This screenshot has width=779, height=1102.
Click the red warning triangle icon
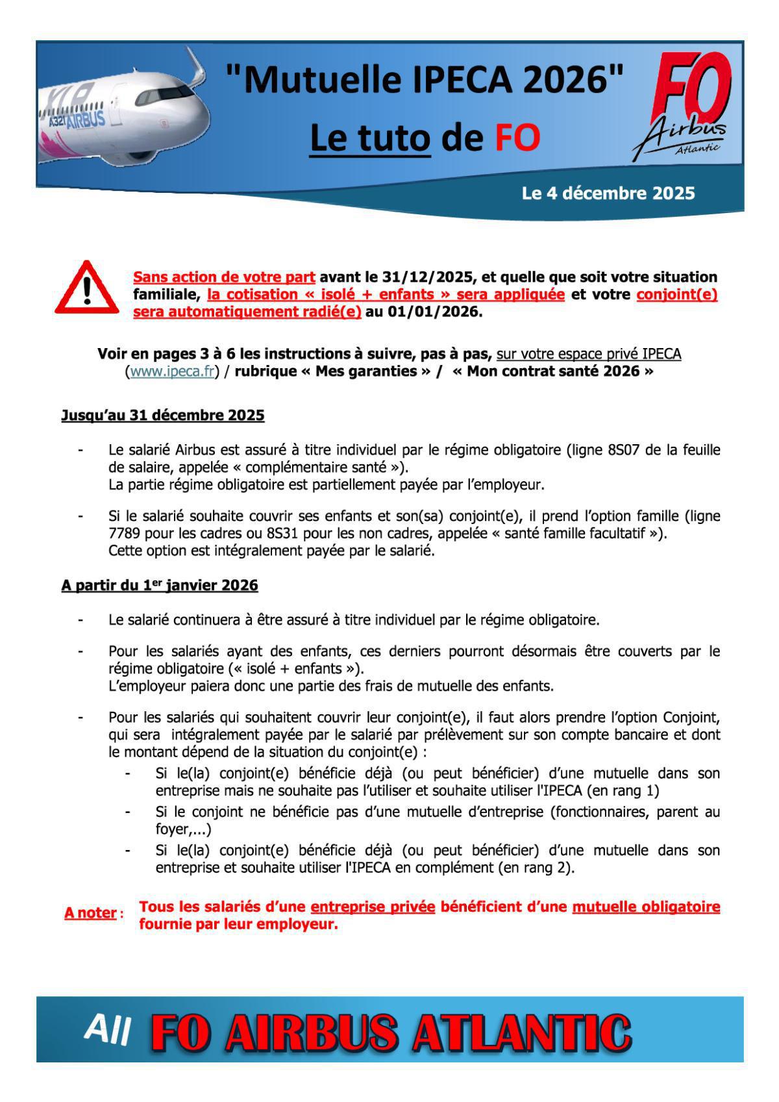[87, 288]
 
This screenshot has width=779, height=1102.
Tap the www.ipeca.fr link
[172, 371]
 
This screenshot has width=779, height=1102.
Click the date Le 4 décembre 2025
[608, 194]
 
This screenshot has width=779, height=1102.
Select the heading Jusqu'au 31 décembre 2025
[163, 416]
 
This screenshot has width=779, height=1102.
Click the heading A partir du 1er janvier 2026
[160, 586]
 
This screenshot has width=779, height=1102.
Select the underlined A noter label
[90, 913]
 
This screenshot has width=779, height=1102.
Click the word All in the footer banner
[108, 1029]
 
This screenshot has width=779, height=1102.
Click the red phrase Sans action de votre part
[224, 277]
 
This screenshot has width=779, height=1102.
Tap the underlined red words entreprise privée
[373, 907]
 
